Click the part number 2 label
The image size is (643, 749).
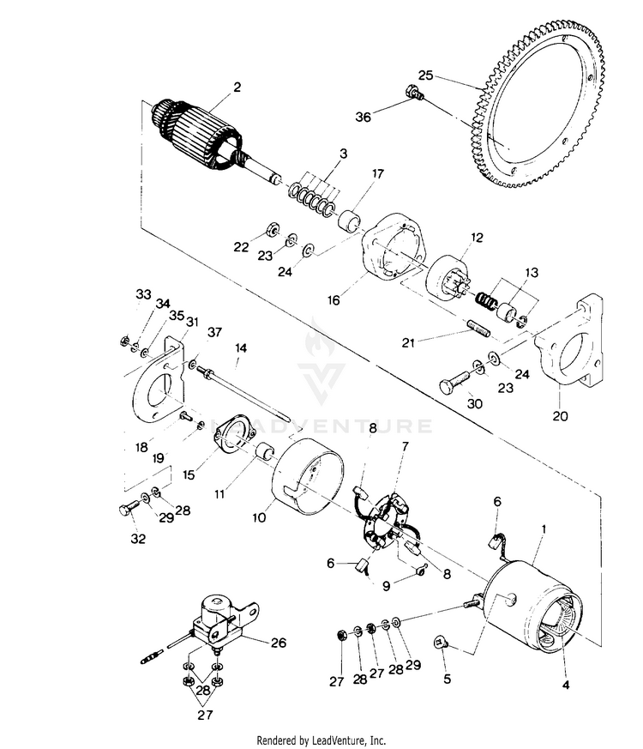(237, 87)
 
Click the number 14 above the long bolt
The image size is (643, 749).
(241, 348)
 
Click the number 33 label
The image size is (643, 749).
(142, 294)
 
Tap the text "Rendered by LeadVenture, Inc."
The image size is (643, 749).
(321, 740)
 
